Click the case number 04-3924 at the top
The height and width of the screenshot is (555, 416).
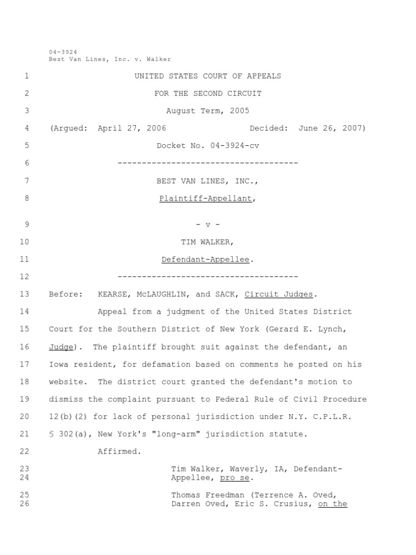[x=63, y=52]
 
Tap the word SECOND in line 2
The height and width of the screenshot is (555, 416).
[x=208, y=93]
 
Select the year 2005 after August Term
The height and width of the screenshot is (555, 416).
[x=239, y=111]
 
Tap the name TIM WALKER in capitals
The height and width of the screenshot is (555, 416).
[x=208, y=242]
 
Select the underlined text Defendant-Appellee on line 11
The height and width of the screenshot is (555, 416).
[x=205, y=260]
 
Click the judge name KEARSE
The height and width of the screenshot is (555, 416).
[x=112, y=294]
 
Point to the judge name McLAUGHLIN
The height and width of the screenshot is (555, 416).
[x=161, y=294]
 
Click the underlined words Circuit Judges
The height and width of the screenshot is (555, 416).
[x=278, y=294]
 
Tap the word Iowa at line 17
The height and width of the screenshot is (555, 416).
[x=58, y=364]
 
